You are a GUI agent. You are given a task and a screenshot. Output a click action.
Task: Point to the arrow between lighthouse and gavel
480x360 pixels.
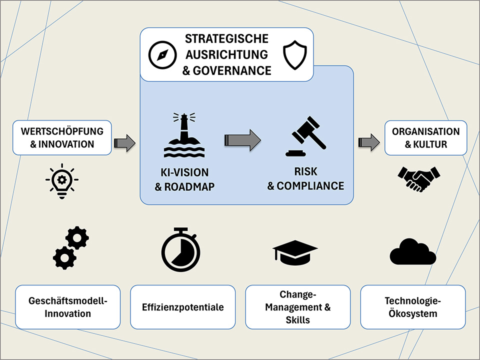[243, 139]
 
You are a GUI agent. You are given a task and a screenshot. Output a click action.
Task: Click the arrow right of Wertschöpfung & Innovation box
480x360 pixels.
[124, 143]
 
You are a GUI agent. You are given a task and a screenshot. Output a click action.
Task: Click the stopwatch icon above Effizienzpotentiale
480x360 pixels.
[180, 249]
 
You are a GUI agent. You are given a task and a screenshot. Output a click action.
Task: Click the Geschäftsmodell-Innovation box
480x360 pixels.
[68, 307]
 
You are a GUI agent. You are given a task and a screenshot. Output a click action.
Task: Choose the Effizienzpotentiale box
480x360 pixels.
[182, 307]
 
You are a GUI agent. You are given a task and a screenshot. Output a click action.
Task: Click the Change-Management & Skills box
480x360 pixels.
[297, 307]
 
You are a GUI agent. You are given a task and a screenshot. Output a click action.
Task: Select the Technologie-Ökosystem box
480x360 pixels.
[412, 307]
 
